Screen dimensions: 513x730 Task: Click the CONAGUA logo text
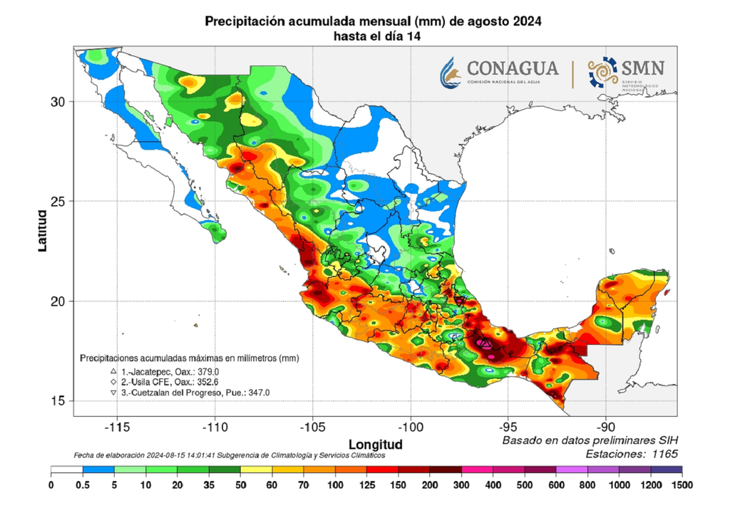tap(512, 68)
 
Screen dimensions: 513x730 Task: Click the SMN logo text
tap(643, 68)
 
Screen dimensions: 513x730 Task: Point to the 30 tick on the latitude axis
tap(58, 101)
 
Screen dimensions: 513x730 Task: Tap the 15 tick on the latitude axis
tap(58, 400)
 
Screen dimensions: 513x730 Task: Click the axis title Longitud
tap(375, 444)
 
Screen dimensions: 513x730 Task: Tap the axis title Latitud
tap(42, 229)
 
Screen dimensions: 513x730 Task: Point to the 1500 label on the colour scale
tap(682, 484)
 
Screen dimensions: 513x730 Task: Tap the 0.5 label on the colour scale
tap(83, 484)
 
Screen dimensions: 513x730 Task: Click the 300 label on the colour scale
tap(461, 484)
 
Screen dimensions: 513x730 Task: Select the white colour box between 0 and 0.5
tap(67, 471)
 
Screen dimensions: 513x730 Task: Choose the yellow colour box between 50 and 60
tap(256, 471)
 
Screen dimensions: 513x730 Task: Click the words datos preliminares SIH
tap(613, 441)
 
